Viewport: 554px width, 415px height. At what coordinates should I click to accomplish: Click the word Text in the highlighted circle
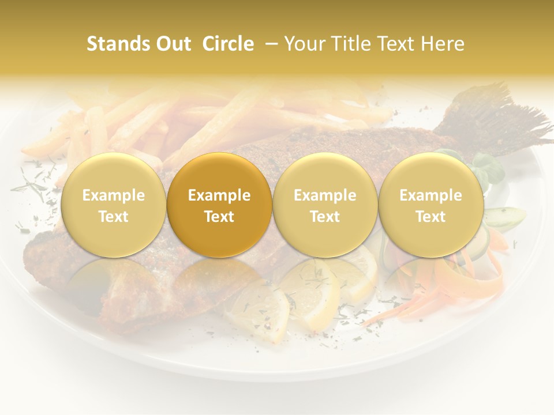219,217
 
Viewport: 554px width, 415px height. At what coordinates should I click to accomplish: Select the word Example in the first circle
113,195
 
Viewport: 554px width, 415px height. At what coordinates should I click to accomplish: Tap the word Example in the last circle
431,195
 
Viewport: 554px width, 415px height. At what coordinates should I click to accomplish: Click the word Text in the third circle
325,217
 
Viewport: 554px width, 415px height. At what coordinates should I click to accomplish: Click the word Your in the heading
302,44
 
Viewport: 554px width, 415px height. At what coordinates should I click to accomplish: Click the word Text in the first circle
113,217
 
